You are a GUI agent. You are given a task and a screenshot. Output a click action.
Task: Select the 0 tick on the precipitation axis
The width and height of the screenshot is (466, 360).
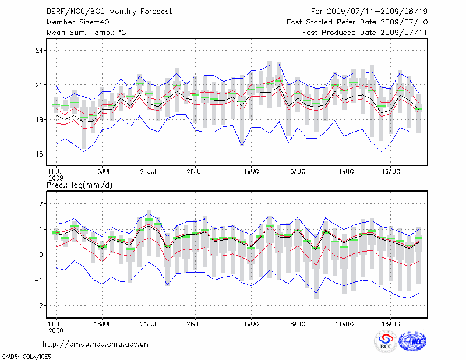(x=41, y=255)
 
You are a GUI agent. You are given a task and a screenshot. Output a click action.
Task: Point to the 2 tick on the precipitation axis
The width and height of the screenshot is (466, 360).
(x=41, y=204)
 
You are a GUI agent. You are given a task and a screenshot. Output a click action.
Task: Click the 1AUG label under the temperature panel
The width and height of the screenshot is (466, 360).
(x=252, y=172)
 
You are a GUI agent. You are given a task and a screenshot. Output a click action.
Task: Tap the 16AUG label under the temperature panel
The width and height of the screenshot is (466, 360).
(x=391, y=172)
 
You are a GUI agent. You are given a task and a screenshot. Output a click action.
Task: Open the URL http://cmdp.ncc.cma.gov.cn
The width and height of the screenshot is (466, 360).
(x=96, y=344)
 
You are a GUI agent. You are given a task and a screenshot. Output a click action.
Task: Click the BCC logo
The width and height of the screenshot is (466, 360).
(x=385, y=343)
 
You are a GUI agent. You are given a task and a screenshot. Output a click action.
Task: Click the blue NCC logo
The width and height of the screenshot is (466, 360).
(x=412, y=342)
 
